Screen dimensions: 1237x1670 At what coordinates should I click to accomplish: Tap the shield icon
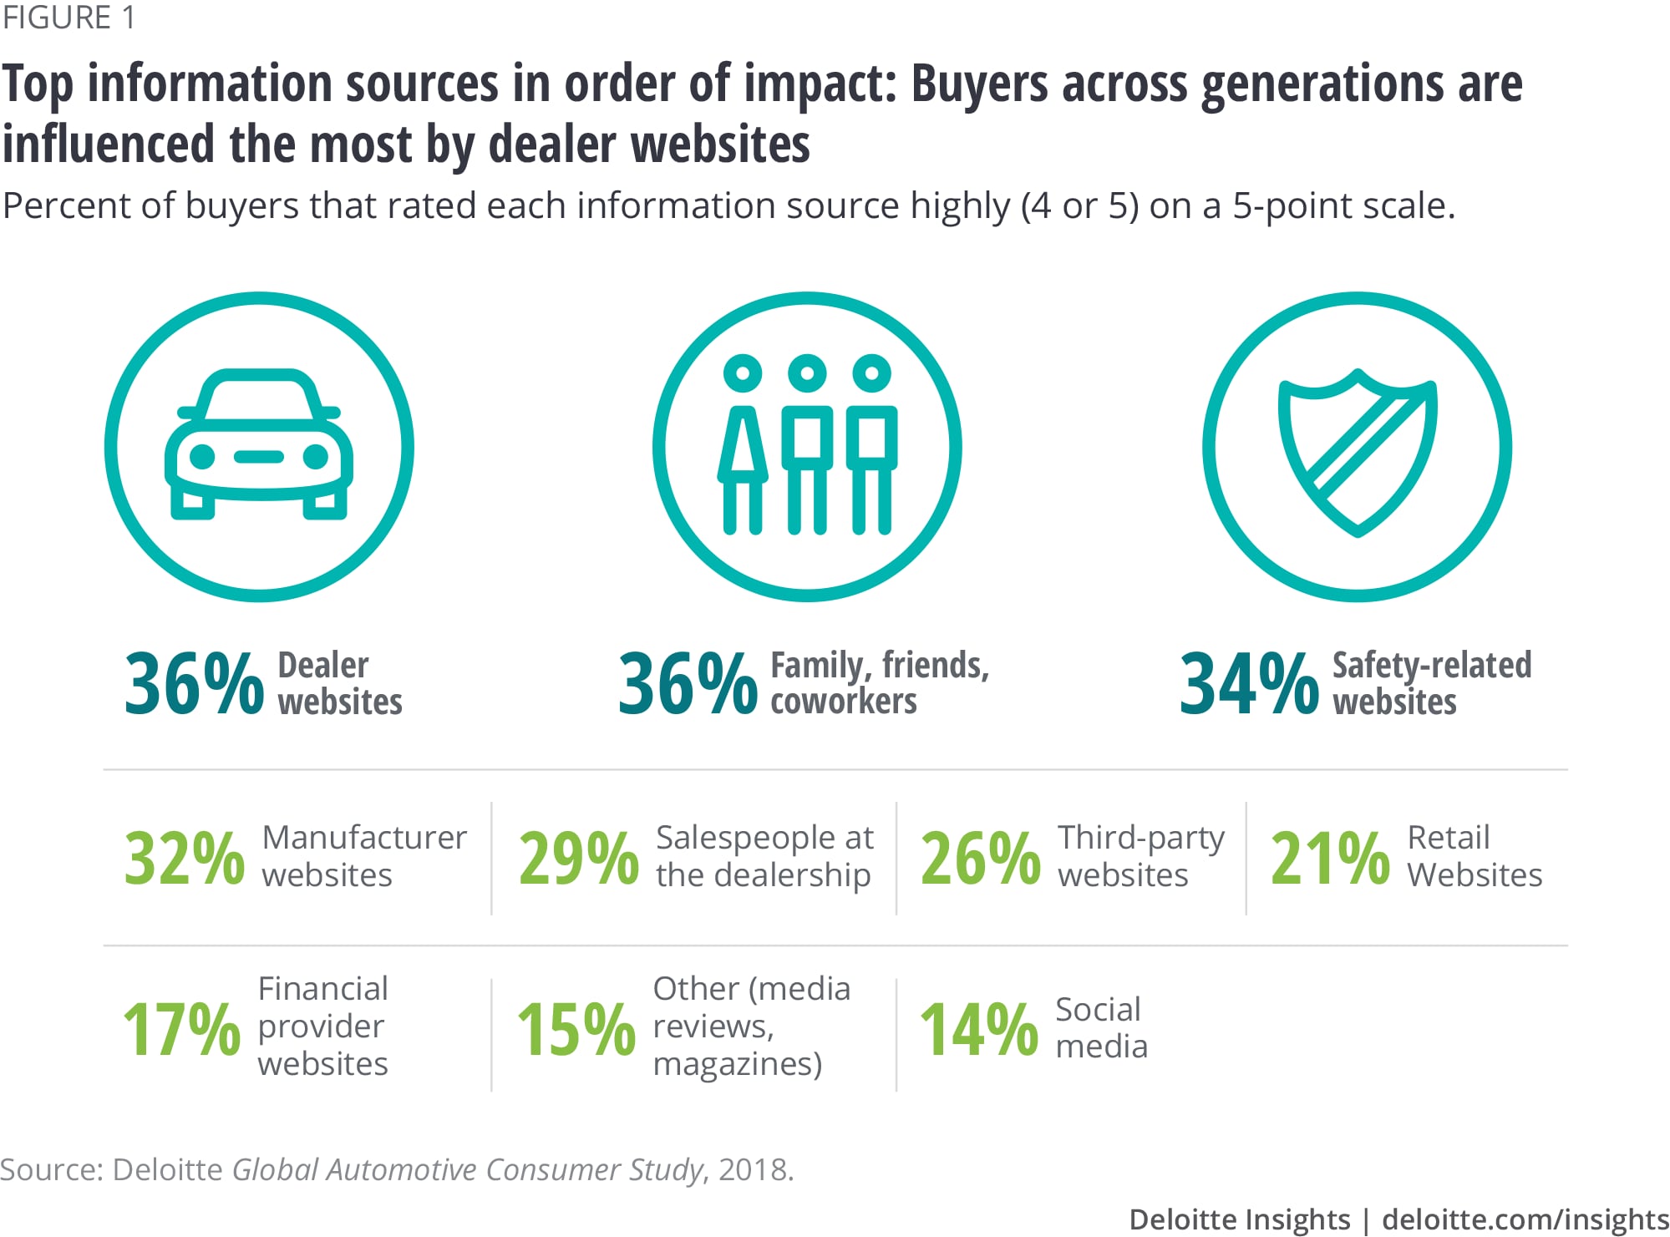click(x=1357, y=451)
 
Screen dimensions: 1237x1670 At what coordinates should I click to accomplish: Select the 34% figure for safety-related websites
click(x=1249, y=684)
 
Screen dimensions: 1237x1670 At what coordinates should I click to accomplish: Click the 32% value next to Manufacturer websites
click(x=185, y=858)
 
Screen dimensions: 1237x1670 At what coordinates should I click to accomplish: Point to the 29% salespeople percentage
click(x=578, y=858)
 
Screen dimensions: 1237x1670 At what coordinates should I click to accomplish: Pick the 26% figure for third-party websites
click(x=981, y=858)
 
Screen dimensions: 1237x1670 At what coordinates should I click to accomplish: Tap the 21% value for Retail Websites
click(x=1330, y=858)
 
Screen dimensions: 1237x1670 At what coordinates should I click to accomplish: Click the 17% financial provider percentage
click(x=182, y=1029)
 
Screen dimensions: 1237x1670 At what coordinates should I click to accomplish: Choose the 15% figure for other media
click(x=576, y=1029)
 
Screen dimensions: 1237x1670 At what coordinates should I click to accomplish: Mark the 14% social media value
click(x=979, y=1029)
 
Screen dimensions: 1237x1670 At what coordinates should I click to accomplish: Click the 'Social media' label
click(x=1101, y=1027)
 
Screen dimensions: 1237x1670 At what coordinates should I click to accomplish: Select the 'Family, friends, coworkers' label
click(x=879, y=683)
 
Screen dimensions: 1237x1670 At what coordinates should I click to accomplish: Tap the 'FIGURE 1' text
click(x=69, y=18)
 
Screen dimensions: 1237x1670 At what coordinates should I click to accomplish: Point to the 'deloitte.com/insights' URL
click(x=1525, y=1219)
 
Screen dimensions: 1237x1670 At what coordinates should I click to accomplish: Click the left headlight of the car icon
click(x=202, y=456)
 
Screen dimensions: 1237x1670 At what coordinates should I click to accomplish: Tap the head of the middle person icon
click(x=807, y=373)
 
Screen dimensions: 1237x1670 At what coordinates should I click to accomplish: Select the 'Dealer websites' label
click(x=339, y=683)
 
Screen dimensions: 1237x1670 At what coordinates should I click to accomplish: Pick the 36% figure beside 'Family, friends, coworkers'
click(x=688, y=684)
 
